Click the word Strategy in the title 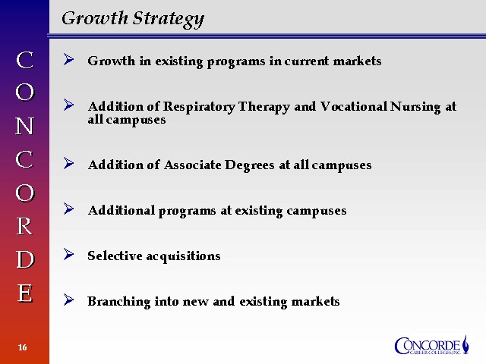click(169, 19)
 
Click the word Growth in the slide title click(95, 18)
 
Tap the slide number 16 click(22, 347)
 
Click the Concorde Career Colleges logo click(431, 345)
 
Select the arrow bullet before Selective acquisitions click(68, 255)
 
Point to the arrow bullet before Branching click(68, 300)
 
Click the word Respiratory click(199, 107)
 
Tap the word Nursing click(415, 107)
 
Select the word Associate click(192, 165)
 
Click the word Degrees click(250, 165)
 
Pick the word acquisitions click(183, 256)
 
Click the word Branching click(119, 302)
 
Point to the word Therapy click(264, 107)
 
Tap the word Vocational click(354, 106)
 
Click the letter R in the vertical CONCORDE click(24, 226)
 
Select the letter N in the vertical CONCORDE click(24, 126)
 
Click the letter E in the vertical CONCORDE click(25, 293)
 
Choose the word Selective click(115, 256)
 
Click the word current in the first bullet click(307, 61)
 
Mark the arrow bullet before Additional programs click(68, 209)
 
